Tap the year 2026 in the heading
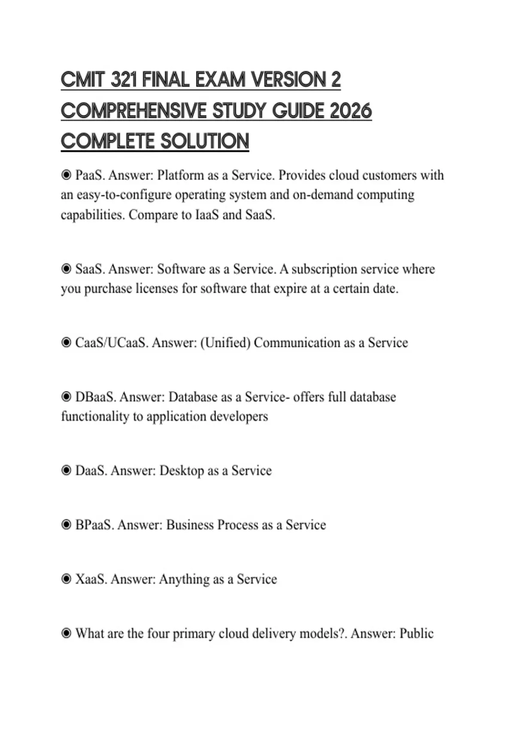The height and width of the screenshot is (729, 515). pyautogui.click(x=351, y=111)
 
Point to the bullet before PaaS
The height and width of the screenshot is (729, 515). pyautogui.click(x=66, y=175)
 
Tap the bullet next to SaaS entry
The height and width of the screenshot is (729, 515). pyautogui.click(x=66, y=269)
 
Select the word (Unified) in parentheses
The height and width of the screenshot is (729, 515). pyautogui.click(x=225, y=343)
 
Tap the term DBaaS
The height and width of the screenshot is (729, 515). pyautogui.click(x=95, y=397)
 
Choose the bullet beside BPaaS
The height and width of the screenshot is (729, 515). pyautogui.click(x=66, y=525)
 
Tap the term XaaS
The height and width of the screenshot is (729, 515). pyautogui.click(x=91, y=579)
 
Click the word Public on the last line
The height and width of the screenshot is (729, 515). pyautogui.click(x=416, y=633)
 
